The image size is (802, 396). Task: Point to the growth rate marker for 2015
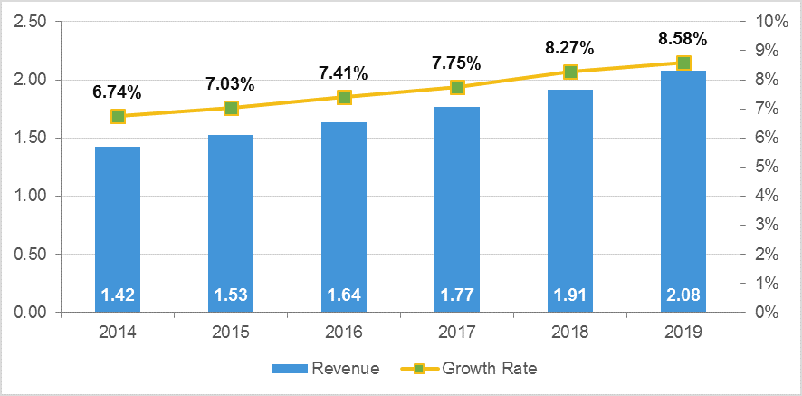click(231, 108)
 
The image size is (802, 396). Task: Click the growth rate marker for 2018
click(570, 72)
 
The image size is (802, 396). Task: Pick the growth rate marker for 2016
click(344, 97)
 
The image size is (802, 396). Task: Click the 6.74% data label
click(117, 92)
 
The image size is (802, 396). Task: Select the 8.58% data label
click(683, 39)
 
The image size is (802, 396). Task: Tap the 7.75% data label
click(456, 63)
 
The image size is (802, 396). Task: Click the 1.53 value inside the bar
click(231, 295)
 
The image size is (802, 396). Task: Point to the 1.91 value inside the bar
click(570, 295)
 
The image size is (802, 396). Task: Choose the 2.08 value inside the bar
click(683, 295)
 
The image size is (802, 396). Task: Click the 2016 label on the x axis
click(344, 333)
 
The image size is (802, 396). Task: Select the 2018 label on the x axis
click(570, 333)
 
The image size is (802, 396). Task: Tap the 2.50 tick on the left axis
click(30, 22)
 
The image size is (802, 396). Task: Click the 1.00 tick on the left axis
click(30, 196)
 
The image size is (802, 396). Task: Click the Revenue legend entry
click(326, 369)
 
